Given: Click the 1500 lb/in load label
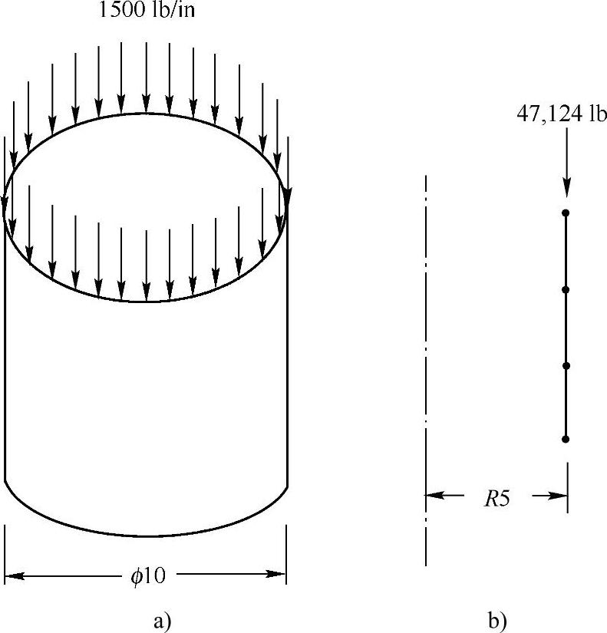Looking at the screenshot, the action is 147,9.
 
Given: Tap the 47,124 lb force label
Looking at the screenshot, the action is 562,114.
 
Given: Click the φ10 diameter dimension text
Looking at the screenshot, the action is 148,575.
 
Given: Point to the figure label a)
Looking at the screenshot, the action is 162,621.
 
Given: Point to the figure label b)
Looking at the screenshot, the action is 497,621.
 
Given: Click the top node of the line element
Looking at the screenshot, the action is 566,213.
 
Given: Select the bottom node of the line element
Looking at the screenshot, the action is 566,439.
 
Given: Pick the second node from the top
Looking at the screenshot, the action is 566,289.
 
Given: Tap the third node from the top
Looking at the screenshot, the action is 566,366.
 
